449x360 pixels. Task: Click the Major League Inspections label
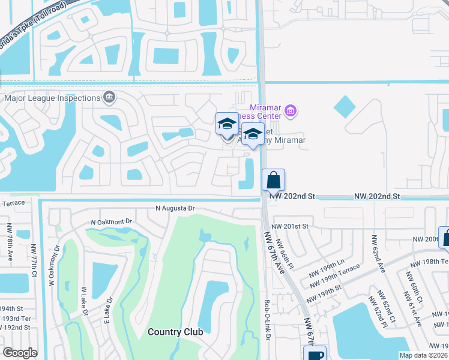[x=52, y=98]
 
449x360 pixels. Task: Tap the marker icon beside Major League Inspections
[x=109, y=97]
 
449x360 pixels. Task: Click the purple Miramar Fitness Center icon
[x=291, y=110]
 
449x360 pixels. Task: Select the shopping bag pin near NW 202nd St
[x=273, y=180]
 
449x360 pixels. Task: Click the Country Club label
[x=175, y=331]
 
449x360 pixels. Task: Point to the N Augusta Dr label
[x=175, y=208]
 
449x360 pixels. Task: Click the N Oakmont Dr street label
[x=111, y=221]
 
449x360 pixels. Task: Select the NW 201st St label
[x=289, y=226]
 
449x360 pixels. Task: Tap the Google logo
[x=20, y=353]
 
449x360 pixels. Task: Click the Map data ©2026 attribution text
[x=423, y=355]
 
